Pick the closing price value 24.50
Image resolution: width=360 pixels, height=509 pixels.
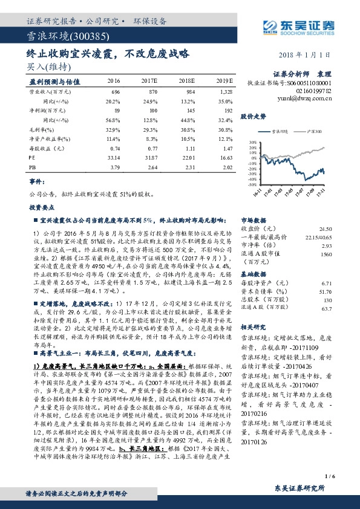tap(326, 229)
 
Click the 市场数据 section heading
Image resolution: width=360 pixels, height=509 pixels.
tap(254, 221)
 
